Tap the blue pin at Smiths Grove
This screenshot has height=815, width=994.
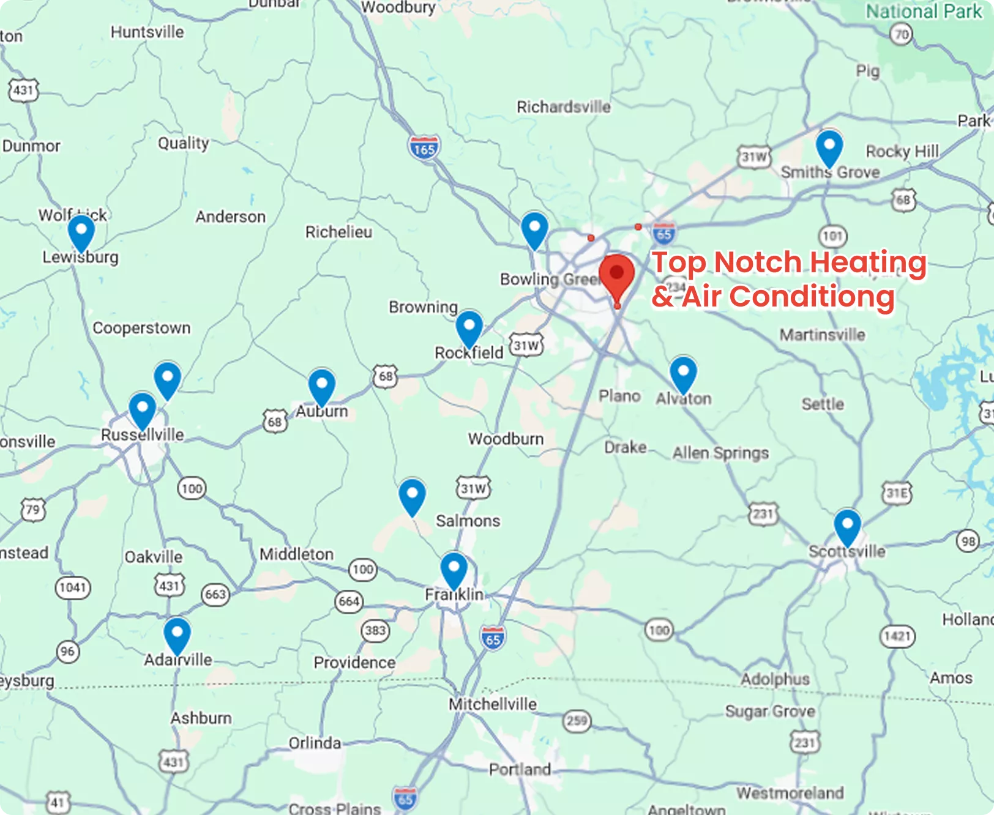(829, 147)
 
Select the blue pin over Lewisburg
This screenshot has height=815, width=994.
(81, 233)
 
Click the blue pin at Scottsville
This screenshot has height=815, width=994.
(847, 526)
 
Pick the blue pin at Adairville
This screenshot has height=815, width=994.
(177, 635)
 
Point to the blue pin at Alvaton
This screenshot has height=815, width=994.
(683, 373)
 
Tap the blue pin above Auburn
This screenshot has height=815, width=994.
(321, 386)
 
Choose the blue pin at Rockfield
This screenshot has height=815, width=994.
(469, 328)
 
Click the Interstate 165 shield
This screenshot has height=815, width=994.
(424, 148)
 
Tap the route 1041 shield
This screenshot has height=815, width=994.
(73, 588)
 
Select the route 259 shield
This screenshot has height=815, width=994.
(577, 721)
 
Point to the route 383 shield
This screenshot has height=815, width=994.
(375, 630)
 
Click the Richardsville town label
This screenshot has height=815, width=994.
(563, 107)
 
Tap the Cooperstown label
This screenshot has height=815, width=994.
(141, 328)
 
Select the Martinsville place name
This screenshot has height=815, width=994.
(822, 335)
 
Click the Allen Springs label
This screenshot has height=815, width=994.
(720, 453)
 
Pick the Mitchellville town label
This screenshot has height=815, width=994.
(493, 704)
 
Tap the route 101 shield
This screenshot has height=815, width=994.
(832, 236)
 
